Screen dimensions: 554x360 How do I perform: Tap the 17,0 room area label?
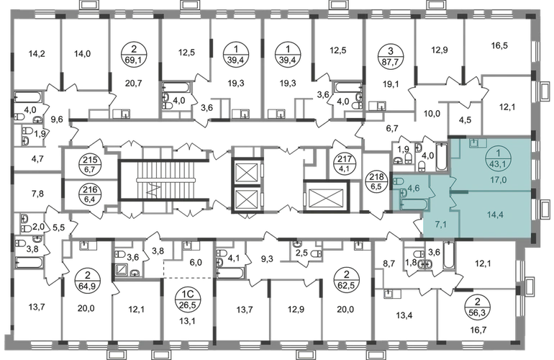pos(498,180)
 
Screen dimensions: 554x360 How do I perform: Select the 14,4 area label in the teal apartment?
pos(495,215)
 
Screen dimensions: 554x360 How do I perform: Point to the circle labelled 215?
pos(91,165)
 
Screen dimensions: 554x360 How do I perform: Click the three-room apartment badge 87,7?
pos(390,55)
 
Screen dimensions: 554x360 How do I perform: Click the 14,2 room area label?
pos(37,54)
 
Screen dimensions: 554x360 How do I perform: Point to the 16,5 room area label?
pos(499,45)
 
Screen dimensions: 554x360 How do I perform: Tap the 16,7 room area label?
pos(478,330)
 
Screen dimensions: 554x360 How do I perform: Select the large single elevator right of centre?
pos(326,197)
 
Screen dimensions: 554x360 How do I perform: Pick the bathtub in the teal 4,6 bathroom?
pos(414,204)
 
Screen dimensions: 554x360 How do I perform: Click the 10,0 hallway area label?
pos(432,114)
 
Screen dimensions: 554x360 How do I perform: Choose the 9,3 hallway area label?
pos(267,260)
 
